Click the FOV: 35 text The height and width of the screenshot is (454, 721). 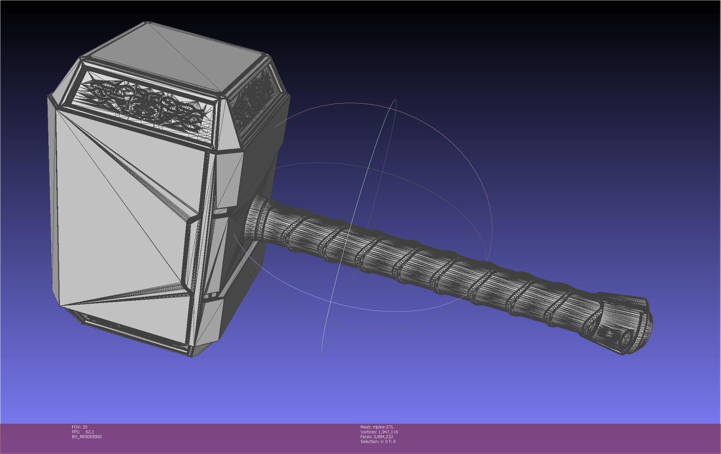click(x=79, y=427)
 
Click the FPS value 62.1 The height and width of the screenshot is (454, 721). click(x=89, y=432)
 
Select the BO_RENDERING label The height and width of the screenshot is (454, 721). click(x=87, y=436)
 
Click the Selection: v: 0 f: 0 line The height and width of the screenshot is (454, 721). click(x=378, y=441)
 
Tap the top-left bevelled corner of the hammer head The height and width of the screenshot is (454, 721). click(x=65, y=79)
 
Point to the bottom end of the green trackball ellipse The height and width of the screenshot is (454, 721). click(x=323, y=352)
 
